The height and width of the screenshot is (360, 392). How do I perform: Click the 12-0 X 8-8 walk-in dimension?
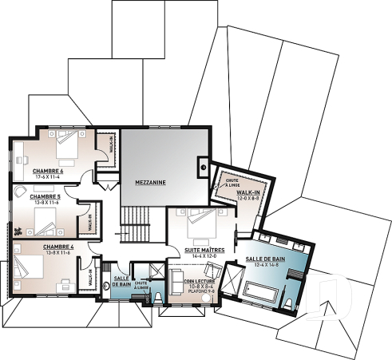tap(246, 197)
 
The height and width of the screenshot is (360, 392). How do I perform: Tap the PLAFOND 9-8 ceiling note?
tap(199, 292)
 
